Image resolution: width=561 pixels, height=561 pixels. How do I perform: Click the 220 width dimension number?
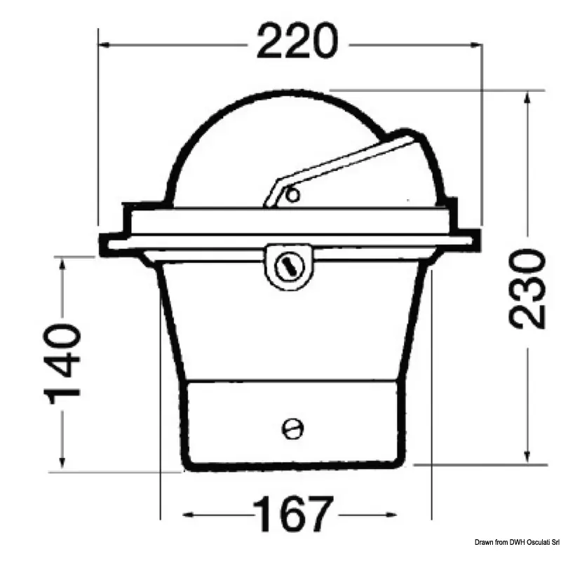(297, 41)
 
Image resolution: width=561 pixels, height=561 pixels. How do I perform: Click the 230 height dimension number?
(527, 289)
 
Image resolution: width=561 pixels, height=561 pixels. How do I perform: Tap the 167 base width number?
(293, 514)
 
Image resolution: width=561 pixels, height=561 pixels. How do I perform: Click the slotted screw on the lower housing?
(292, 428)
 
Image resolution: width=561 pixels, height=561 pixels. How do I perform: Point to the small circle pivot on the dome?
(293, 196)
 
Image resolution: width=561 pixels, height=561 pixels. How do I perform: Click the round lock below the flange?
(289, 266)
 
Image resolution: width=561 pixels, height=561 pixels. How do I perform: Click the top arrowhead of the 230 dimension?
(527, 97)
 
